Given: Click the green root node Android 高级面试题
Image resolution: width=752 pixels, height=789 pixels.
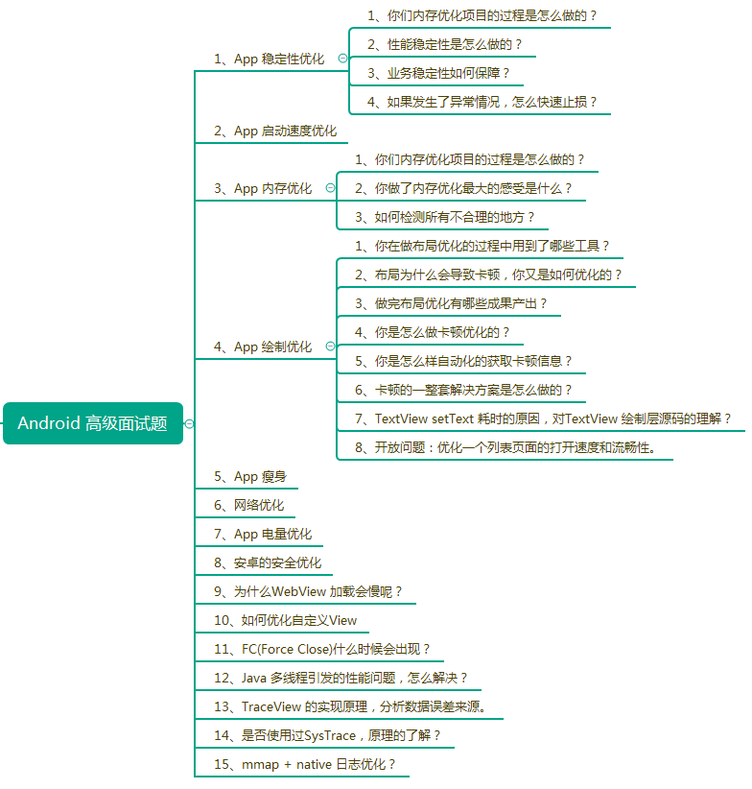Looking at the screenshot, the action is click(x=92, y=423).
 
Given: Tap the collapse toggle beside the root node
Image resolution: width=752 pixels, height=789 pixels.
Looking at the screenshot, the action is click(x=189, y=423).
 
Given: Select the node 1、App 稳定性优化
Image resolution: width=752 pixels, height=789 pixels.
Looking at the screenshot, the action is click(x=269, y=59).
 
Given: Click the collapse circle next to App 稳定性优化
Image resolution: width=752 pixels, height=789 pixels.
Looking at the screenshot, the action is click(x=342, y=59).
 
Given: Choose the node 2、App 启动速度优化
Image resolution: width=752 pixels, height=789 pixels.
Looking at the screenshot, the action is click(x=274, y=131).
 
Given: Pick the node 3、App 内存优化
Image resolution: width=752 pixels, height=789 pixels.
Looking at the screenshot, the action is click(x=262, y=188).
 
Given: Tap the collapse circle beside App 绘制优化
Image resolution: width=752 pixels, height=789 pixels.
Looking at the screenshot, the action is click(x=330, y=347).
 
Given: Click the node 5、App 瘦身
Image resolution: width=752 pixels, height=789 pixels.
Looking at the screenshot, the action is click(x=249, y=476).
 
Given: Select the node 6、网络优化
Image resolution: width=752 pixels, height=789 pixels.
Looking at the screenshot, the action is click(x=248, y=505).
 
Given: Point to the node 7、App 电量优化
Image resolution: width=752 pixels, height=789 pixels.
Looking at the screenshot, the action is click(x=262, y=534).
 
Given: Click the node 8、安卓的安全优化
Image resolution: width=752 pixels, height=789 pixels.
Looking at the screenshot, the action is click(x=268, y=562).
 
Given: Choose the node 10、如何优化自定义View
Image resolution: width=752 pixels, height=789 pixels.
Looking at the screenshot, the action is click(x=285, y=620).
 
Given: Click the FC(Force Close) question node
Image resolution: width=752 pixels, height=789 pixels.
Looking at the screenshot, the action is click(x=322, y=649).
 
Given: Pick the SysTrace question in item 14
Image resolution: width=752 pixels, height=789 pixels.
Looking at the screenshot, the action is click(x=327, y=735).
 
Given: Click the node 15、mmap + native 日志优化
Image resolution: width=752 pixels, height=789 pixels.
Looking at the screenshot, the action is click(x=305, y=764).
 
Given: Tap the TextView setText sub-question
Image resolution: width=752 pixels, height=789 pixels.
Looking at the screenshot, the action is click(x=543, y=418).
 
